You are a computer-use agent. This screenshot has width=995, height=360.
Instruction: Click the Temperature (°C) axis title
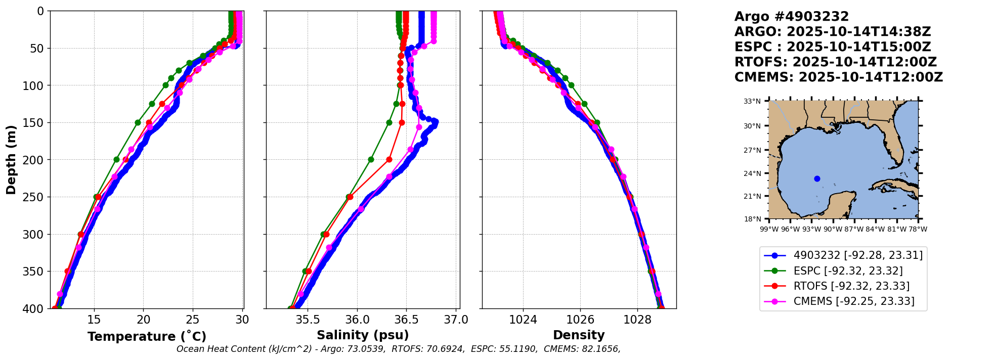coord(147,337)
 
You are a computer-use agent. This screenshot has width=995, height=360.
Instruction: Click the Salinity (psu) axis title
coord(363,335)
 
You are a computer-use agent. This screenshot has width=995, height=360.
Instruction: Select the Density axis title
coord(579,335)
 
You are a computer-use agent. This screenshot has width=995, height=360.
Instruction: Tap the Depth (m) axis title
coord(11,160)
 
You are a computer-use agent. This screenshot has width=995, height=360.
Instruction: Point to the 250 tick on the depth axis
coord(37,197)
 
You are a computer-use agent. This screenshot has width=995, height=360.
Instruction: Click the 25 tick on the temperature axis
coord(193,320)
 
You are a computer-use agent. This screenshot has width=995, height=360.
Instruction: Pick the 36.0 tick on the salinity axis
coord(357,320)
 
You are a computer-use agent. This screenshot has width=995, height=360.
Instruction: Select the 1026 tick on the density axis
coord(580,320)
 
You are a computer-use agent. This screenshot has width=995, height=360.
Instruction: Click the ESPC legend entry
coord(848,271)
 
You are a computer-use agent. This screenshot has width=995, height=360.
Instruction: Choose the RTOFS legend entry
coord(851,286)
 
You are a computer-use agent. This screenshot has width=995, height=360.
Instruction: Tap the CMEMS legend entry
coord(854,301)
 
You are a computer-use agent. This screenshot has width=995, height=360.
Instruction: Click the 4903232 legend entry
coord(858,255)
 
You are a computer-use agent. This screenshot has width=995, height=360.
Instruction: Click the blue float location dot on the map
coord(817,178)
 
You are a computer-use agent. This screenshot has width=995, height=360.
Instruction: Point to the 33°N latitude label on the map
coord(752,101)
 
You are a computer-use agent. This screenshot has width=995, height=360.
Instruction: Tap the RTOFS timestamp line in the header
coord(836,62)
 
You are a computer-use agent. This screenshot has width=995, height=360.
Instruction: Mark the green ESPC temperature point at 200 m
coord(117,160)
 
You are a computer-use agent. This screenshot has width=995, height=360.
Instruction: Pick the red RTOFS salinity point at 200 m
coord(389,160)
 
